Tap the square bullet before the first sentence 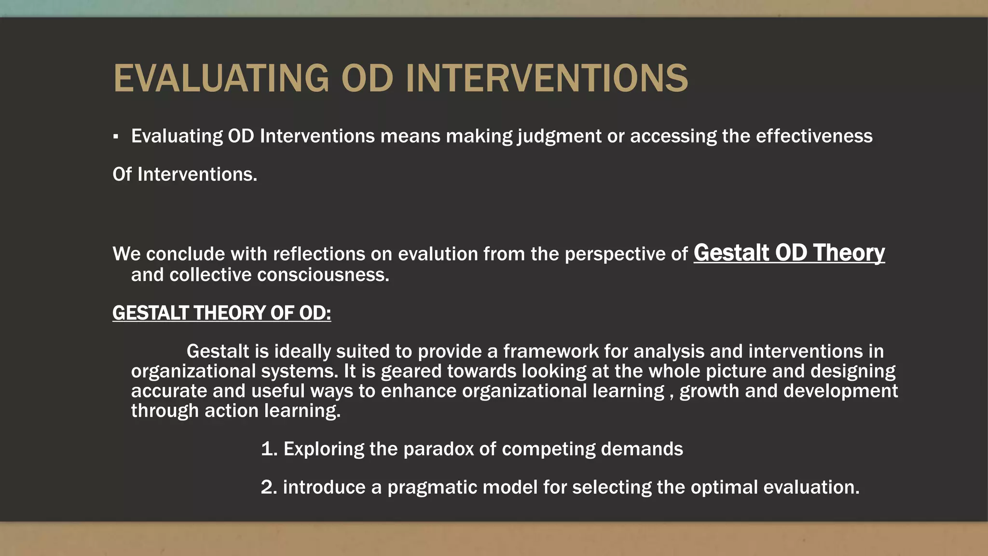coord(116,137)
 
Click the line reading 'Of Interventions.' coord(185,174)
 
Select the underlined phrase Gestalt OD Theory coord(789,252)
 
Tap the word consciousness coord(323,275)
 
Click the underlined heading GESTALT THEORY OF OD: coord(221,313)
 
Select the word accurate coord(169,391)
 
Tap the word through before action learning coord(165,411)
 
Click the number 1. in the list coord(269,449)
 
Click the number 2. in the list coord(269,487)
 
